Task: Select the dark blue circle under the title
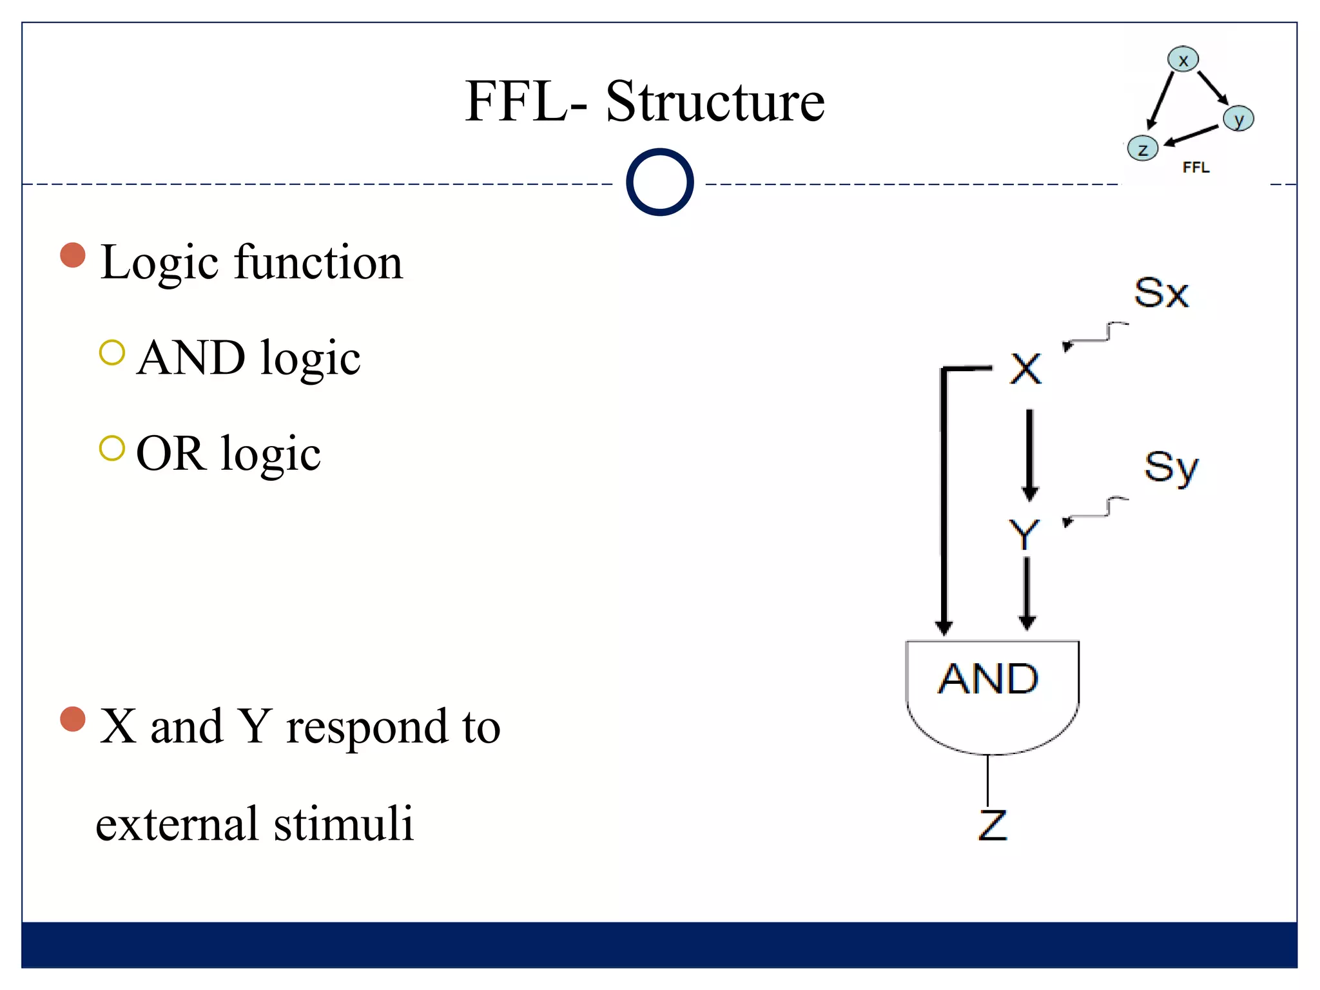[659, 182]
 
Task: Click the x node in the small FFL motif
[1183, 60]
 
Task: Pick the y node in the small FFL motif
[1238, 119]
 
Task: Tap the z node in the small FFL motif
[1143, 149]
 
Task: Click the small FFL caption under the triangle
[1196, 168]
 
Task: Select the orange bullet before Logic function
[73, 255]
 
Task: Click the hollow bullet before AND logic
[112, 353]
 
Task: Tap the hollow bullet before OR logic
[112, 449]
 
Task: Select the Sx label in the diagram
[1161, 293]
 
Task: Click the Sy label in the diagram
[1171, 467]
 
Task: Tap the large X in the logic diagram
[1025, 369]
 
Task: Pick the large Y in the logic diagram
[1024, 534]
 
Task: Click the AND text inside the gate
[988, 679]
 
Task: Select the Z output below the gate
[992, 825]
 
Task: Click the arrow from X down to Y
[1029, 454]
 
